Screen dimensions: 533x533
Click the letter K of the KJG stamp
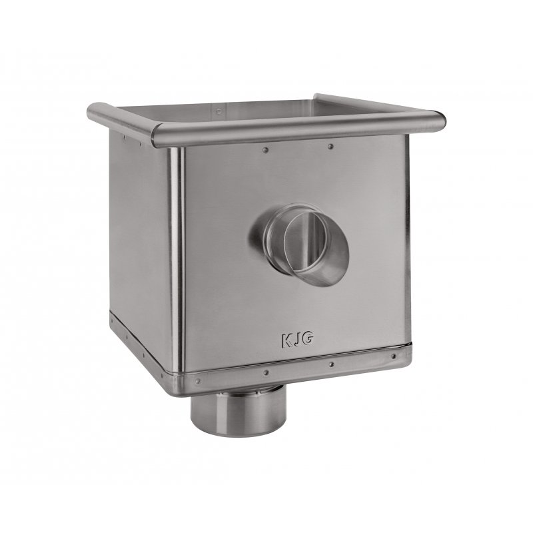pos(286,340)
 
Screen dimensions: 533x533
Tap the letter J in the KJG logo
pos(295,340)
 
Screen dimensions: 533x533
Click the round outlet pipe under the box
pos(239,411)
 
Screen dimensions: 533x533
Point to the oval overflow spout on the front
pos(299,244)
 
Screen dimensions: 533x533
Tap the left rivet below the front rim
pos(265,149)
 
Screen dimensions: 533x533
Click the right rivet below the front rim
pos(330,147)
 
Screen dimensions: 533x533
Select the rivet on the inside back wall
pos(219,111)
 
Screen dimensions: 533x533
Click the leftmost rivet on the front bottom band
pos(197,381)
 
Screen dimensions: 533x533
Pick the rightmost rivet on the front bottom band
pos(393,356)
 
